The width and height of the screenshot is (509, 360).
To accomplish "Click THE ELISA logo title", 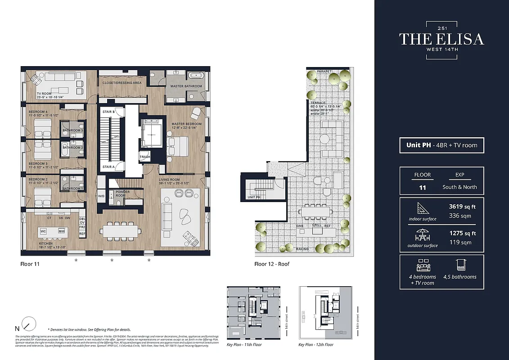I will pos(441,39).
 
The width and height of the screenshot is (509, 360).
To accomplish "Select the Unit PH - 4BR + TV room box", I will pos(441,145).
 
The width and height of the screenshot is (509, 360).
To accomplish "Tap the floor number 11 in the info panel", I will pos(422,187).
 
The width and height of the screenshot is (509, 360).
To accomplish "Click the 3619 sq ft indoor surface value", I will pos(462,207).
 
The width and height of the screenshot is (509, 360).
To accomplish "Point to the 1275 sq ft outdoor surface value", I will pos(462,234).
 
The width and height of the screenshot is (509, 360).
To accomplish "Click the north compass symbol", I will pos(28,324).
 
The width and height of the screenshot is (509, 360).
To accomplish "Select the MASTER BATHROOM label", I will pos(186,86).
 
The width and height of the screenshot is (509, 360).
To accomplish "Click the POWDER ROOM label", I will pos(122,193).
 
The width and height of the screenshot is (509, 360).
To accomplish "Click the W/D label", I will pos(101,196).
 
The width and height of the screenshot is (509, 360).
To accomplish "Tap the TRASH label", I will pos(145,157).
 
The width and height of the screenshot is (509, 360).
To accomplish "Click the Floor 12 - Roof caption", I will pos(272,264).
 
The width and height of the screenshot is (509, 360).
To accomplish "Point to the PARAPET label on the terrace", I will pos(324,72).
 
